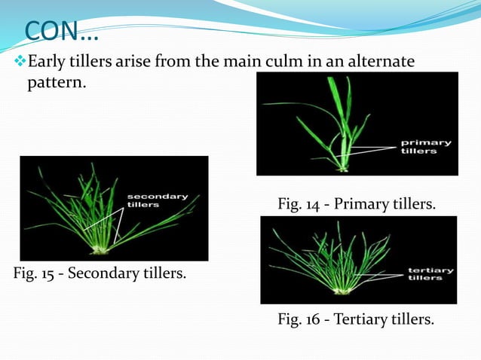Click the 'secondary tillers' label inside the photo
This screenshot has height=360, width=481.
157,200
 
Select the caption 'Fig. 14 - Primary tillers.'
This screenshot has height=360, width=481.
356,203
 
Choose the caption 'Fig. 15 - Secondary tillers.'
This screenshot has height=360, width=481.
100,272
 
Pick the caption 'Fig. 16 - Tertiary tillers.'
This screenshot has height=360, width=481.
356,320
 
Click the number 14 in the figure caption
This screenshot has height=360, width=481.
316,203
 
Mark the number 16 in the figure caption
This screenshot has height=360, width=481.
316,320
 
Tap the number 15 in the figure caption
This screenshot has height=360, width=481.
52,272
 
